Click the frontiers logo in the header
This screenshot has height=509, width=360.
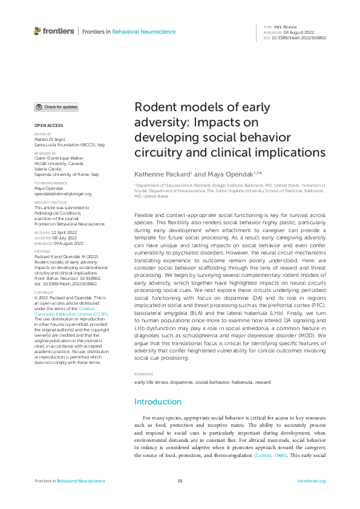pyautogui.click(x=54, y=31)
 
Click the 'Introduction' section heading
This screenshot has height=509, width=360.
pyautogui.click(x=158, y=401)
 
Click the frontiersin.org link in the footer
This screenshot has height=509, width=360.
pyautogui.click(x=312, y=481)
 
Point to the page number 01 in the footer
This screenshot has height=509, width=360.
pyautogui.click(x=180, y=481)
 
